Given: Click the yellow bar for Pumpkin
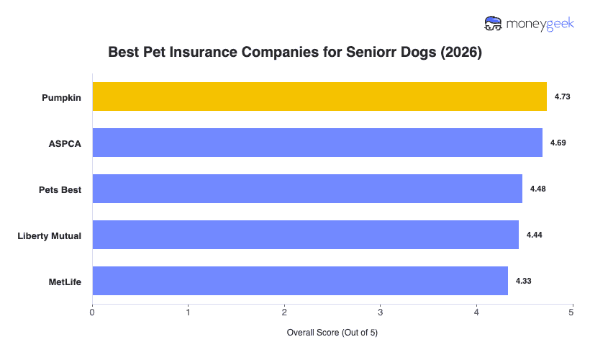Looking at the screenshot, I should [x=319, y=96].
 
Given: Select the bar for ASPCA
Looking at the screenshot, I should [x=317, y=143].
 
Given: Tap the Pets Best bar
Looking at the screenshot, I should [x=307, y=189].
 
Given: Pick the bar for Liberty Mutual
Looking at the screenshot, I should [x=305, y=235].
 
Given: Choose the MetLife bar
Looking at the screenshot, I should [x=300, y=281].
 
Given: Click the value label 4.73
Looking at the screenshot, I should [x=562, y=96].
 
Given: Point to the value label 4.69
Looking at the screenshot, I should [x=558, y=143].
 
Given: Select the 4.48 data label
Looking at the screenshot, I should [x=537, y=189].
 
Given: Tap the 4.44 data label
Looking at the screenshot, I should [x=534, y=235].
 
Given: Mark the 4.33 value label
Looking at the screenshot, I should [x=523, y=281].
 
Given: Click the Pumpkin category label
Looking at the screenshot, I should [x=61, y=97].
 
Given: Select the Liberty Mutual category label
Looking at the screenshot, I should [x=50, y=235].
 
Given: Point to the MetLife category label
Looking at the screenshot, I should [x=63, y=282].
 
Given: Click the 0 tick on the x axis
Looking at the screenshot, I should [x=92, y=312].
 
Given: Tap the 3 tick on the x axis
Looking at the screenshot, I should [x=380, y=312].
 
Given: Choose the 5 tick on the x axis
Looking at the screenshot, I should [x=571, y=312].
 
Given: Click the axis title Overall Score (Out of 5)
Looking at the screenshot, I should [x=332, y=333].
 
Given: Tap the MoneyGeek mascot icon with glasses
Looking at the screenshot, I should [x=494, y=24].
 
